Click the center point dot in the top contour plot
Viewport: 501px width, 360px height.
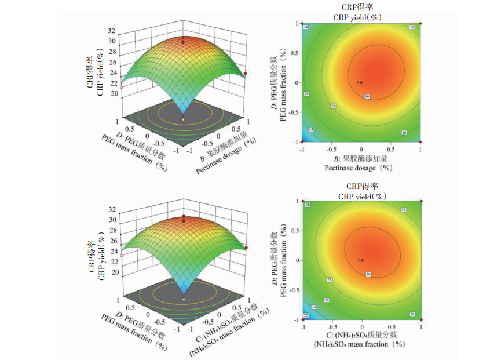(x=361, y=82)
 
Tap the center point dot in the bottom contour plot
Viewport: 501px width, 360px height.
(x=362, y=260)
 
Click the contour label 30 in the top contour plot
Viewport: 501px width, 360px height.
(x=367, y=96)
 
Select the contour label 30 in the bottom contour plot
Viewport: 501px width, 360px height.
(x=368, y=274)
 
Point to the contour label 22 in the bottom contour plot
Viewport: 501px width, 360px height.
(x=306, y=315)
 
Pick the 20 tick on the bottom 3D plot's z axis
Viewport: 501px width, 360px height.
(x=115, y=272)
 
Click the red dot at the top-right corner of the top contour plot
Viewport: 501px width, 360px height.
(x=420, y=24)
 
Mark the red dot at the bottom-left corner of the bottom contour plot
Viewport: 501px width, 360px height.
(x=302, y=319)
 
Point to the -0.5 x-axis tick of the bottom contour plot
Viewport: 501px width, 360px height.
(x=332, y=326)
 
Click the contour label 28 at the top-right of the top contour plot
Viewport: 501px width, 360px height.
(x=412, y=27)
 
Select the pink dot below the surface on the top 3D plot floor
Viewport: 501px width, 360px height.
(x=183, y=119)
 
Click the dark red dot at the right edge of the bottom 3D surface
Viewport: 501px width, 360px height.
(x=246, y=248)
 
